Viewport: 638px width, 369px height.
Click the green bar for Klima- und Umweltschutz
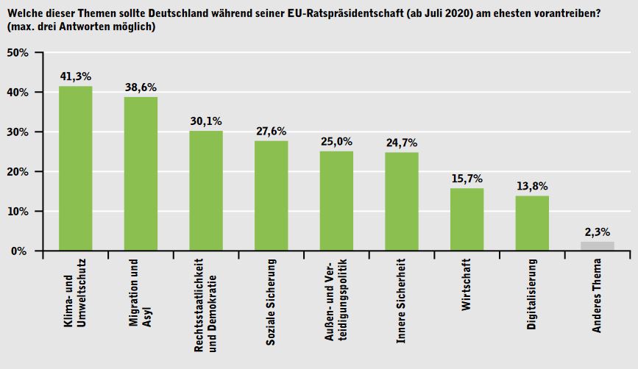pos(75,168)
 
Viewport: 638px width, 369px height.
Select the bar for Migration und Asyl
pos(141,173)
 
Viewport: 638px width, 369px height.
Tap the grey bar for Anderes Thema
pos(597,246)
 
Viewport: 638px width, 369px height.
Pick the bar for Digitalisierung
pos(531,223)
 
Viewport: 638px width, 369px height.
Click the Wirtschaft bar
pos(467,219)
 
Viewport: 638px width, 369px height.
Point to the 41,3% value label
pos(75,76)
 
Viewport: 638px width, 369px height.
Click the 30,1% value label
pos(206,121)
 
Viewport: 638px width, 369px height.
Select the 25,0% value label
pos(336,140)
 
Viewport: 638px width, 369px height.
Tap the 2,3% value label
pos(597,232)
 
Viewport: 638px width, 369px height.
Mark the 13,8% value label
pos(531,185)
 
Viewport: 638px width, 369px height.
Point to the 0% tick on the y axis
pos(19,251)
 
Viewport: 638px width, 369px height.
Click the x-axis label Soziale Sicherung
pos(271,292)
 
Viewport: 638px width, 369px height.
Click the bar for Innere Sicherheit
pos(401,201)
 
